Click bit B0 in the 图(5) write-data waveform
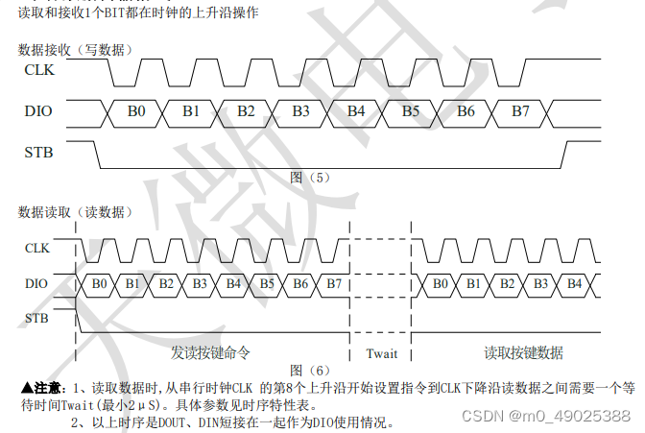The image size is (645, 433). [x=136, y=112]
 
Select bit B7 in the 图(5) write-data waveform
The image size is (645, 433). [x=520, y=112]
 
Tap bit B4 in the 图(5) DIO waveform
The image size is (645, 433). [x=356, y=112]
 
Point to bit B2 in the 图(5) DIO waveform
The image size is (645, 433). [x=247, y=112]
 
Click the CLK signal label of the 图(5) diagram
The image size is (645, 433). [x=39, y=70]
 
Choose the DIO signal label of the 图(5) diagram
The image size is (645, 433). [x=39, y=112]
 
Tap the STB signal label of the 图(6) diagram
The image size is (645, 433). [x=37, y=318]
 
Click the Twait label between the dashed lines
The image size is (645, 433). [x=381, y=353]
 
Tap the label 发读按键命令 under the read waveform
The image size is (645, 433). [x=210, y=352]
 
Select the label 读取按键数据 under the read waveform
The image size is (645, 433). [x=523, y=352]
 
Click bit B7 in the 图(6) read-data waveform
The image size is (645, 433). [x=333, y=284]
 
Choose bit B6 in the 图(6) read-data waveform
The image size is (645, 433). [x=299, y=284]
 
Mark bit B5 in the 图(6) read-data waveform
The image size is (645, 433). [x=267, y=284]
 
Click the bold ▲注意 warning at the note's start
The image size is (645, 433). [x=42, y=388]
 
